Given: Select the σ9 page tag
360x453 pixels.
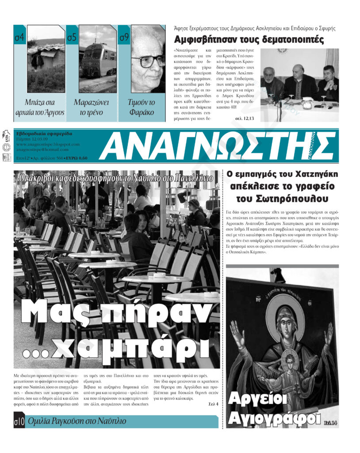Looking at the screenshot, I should (124, 38).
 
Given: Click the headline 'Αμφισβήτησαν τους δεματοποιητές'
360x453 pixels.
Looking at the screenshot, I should (249, 40).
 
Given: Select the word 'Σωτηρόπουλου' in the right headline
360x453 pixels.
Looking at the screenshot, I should (290, 198).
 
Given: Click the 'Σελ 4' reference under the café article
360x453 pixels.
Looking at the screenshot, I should (213, 403).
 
